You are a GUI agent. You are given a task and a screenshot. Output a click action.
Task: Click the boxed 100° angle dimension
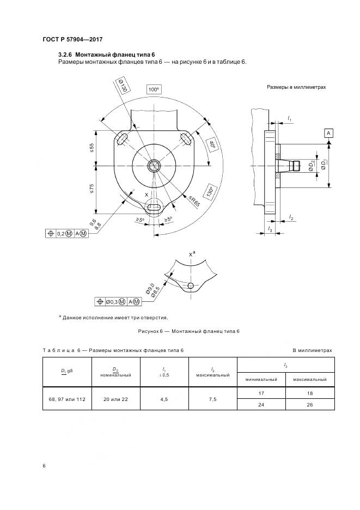155,89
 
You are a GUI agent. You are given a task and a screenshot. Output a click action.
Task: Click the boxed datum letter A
329,133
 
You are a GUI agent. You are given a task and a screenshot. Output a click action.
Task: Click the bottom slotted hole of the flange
155,207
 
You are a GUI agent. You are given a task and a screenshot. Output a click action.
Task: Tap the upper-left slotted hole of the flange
123,139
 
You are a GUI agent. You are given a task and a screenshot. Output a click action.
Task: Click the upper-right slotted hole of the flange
186,139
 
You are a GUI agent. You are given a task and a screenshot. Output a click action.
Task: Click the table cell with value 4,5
164,399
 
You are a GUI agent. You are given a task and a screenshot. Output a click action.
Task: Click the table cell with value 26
309,405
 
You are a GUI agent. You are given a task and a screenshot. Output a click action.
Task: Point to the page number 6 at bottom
44,466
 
